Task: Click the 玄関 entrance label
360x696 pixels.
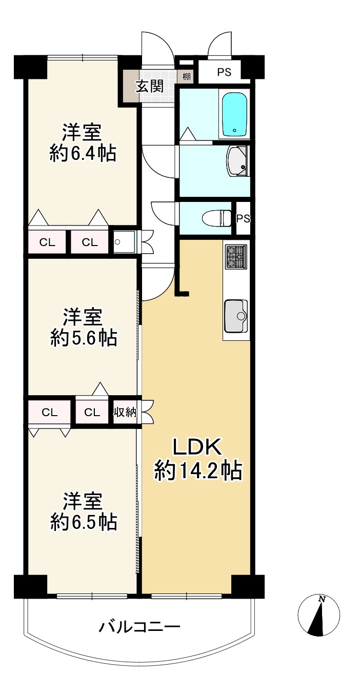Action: click(x=149, y=87)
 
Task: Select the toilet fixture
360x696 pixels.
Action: click(x=217, y=218)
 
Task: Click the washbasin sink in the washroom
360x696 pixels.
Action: click(x=237, y=161)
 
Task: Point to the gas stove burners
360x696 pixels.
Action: click(x=236, y=256)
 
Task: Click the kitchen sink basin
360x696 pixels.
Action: click(x=236, y=316)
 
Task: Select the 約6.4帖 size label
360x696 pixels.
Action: click(x=83, y=153)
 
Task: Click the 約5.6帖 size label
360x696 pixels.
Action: click(x=84, y=338)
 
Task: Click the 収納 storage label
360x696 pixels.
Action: click(x=125, y=412)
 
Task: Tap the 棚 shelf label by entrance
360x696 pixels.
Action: click(x=186, y=76)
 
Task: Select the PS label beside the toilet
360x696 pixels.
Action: click(x=244, y=218)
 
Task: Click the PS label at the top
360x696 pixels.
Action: click(x=224, y=72)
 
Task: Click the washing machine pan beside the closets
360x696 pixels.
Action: click(x=124, y=242)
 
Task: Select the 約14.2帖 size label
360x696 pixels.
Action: click(x=198, y=472)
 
